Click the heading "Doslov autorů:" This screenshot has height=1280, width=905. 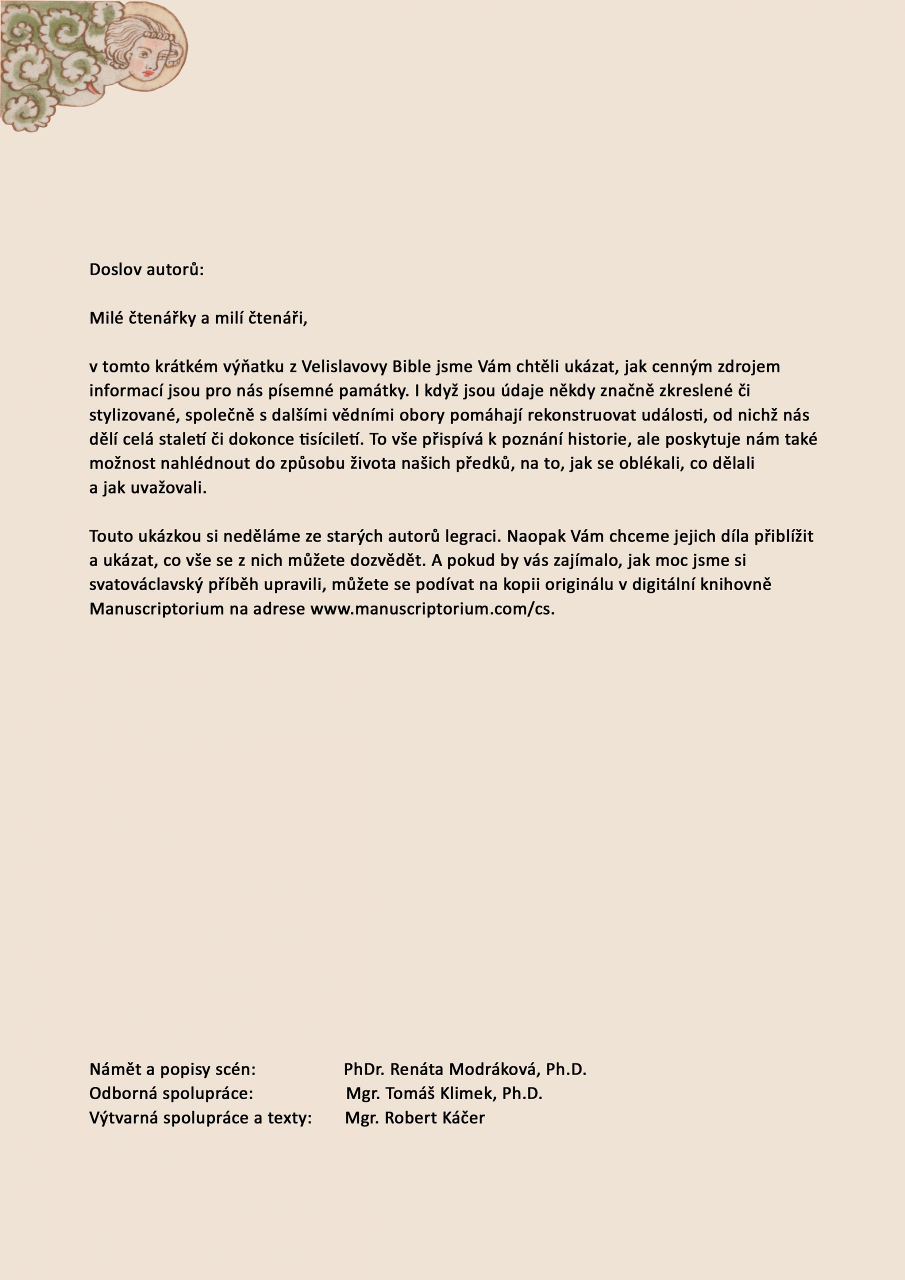(x=146, y=270)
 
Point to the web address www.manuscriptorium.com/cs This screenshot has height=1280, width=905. (x=432, y=609)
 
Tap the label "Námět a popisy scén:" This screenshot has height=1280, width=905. (x=172, y=1069)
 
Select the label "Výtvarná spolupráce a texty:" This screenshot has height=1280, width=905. (x=200, y=1118)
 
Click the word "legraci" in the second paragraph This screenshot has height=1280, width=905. (x=473, y=536)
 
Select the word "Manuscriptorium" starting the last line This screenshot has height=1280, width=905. (x=156, y=609)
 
